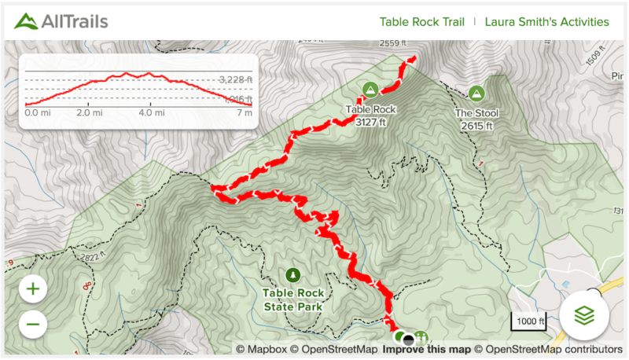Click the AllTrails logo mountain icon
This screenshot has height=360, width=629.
point(26,20)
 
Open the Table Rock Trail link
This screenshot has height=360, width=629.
point(421,21)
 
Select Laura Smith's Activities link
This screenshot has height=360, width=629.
point(546,21)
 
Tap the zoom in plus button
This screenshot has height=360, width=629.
point(33,288)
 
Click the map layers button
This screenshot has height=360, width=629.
point(583,315)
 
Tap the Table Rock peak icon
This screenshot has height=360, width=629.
point(370,90)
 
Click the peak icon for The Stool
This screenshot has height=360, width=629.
point(476,94)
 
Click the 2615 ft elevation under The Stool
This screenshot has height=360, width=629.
point(476,125)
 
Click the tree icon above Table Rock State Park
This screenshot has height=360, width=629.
point(293,274)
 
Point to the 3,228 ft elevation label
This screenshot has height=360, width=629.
point(236,79)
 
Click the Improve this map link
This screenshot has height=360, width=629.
point(427,349)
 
